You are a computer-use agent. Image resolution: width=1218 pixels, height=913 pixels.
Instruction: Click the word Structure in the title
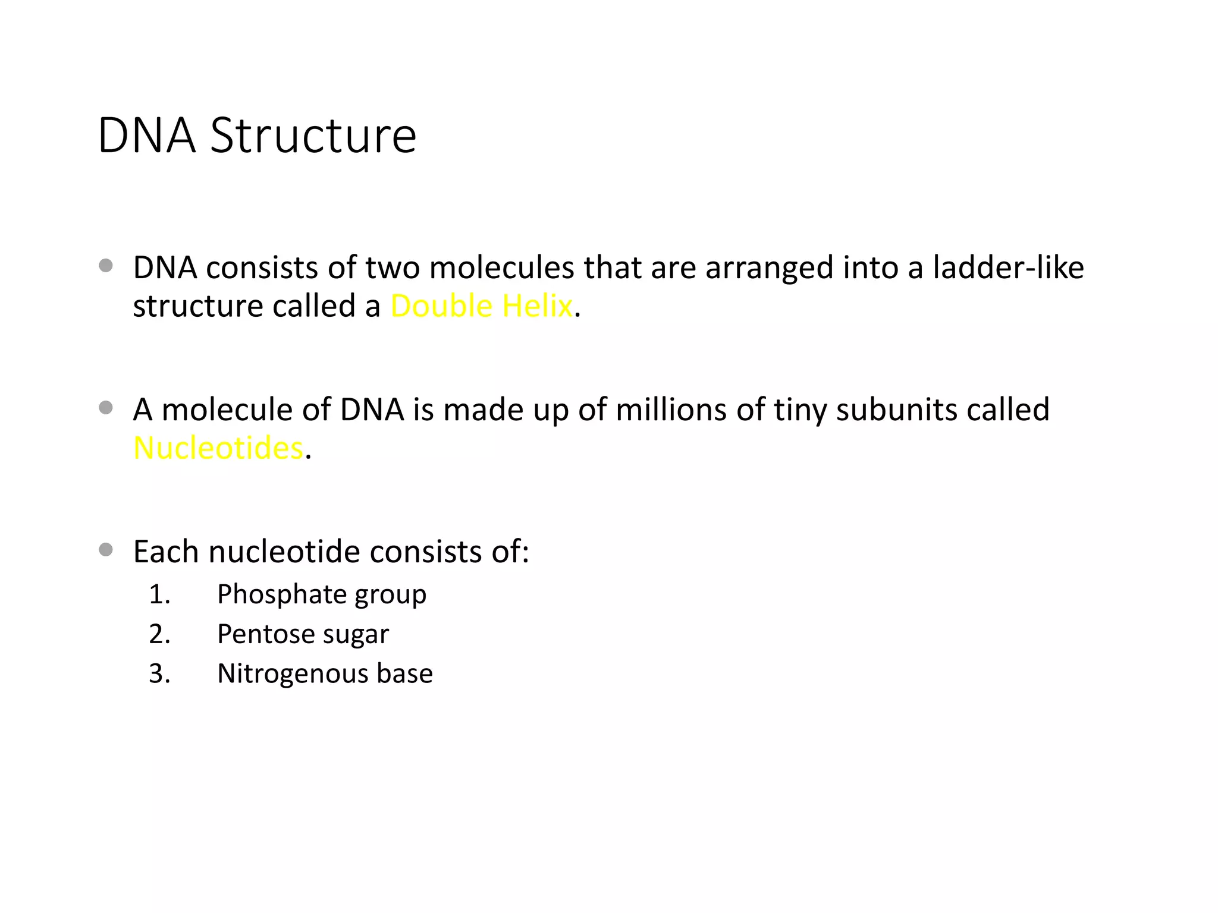coord(313,136)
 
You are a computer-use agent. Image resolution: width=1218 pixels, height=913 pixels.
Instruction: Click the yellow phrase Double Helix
coord(481,307)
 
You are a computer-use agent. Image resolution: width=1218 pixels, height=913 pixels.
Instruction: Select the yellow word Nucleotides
coord(218,448)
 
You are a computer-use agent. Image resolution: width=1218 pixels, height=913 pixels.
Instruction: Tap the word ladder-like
coord(1008,267)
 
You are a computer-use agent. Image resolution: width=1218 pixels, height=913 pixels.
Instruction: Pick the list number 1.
coord(159,594)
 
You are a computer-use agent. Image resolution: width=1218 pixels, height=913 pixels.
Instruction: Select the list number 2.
coord(159,634)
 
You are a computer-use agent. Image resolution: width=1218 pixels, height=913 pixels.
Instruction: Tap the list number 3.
coord(159,674)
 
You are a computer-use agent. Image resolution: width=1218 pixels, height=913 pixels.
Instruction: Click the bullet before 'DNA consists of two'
coord(106,265)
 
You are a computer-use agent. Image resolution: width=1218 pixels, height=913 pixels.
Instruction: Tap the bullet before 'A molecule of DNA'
coord(106,407)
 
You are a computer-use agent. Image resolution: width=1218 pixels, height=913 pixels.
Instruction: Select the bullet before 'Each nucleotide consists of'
coord(106,549)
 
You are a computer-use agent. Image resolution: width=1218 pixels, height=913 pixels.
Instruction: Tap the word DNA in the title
coord(146,136)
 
